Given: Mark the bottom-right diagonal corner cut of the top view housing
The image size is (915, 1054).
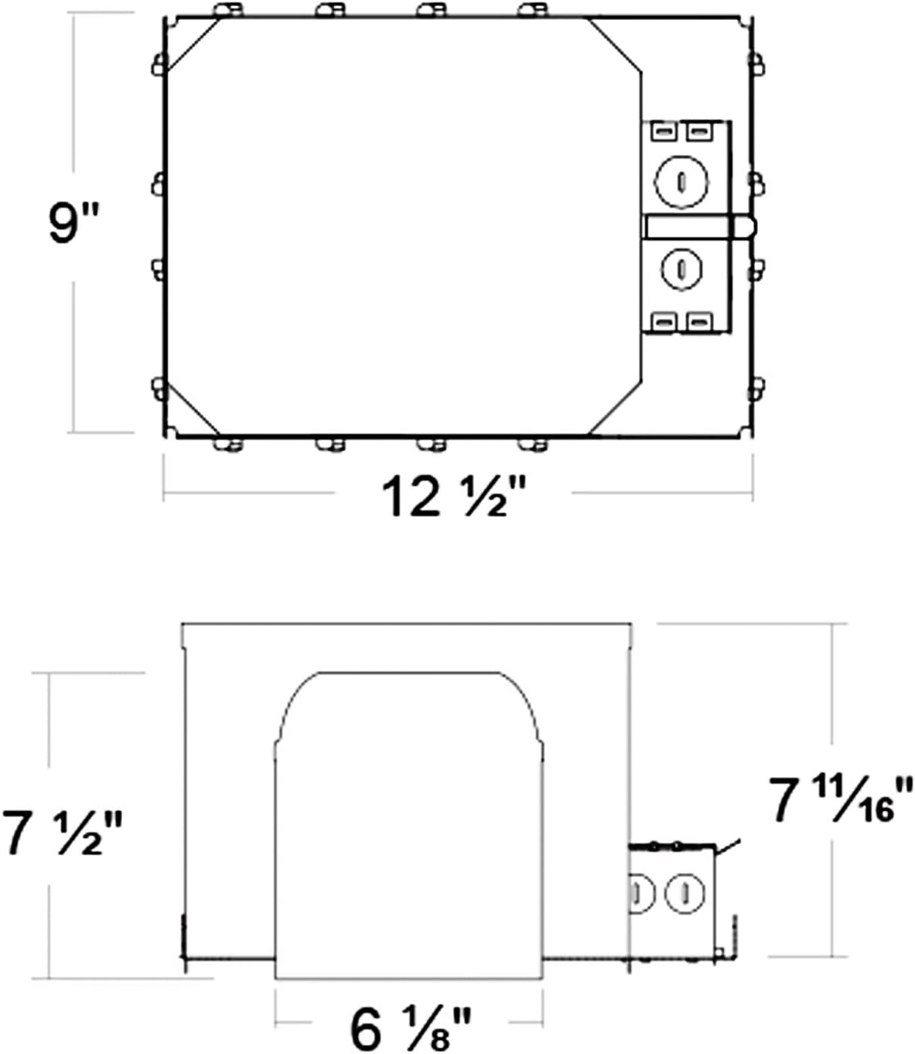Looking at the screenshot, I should tap(616, 407).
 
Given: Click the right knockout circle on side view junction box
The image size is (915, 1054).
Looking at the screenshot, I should tap(685, 894).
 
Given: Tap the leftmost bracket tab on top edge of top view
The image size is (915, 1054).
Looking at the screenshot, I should tap(228, 10).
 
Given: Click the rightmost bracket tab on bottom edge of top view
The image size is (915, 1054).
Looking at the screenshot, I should tap(533, 443).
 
